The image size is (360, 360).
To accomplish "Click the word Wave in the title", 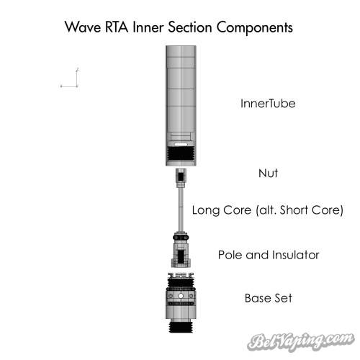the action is [x=83, y=27].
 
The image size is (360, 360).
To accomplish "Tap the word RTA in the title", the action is [x=117, y=27].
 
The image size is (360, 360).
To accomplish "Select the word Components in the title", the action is [x=255, y=28].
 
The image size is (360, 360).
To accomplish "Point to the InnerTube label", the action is [x=268, y=104].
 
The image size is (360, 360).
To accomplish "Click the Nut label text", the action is [x=268, y=173].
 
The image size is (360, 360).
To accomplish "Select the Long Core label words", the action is [x=222, y=210].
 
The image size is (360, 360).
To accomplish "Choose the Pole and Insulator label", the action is [x=269, y=255].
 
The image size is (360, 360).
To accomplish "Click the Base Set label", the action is [x=269, y=298].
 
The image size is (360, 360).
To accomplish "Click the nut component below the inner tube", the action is [x=181, y=178].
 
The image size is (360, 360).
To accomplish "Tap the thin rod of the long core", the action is [x=181, y=210].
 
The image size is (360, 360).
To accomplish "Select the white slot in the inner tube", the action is [x=181, y=144].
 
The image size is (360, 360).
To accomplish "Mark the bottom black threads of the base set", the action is [x=181, y=327].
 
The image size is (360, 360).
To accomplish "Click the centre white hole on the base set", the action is [x=181, y=296].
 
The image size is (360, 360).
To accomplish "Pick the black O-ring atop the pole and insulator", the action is [x=181, y=237].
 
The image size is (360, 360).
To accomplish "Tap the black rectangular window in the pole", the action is [x=181, y=256].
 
